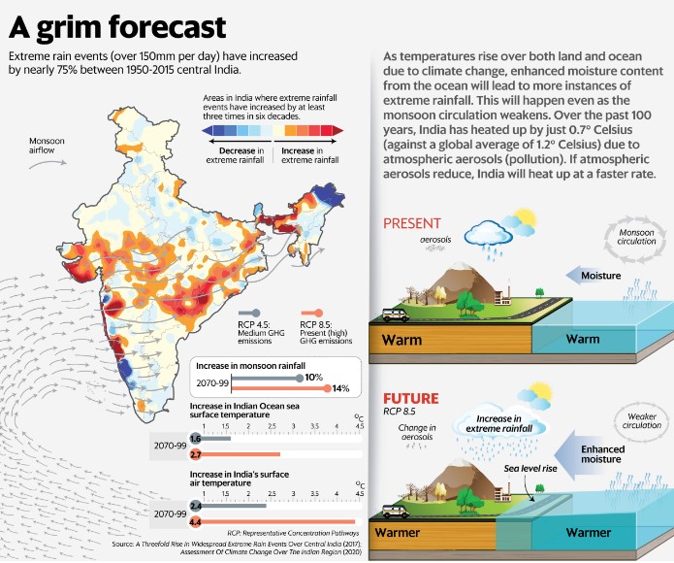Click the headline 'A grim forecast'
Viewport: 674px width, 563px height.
click(x=117, y=24)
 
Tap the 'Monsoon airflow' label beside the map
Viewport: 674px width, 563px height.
click(x=47, y=147)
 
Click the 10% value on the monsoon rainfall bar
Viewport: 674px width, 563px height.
click(x=314, y=377)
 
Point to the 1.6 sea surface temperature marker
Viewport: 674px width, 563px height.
click(x=196, y=439)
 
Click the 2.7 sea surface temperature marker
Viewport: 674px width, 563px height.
click(x=196, y=454)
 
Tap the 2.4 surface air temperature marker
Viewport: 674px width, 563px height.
click(x=196, y=506)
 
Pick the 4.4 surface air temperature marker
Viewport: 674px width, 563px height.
click(x=196, y=521)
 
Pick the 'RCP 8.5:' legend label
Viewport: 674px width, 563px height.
click(x=319, y=326)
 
